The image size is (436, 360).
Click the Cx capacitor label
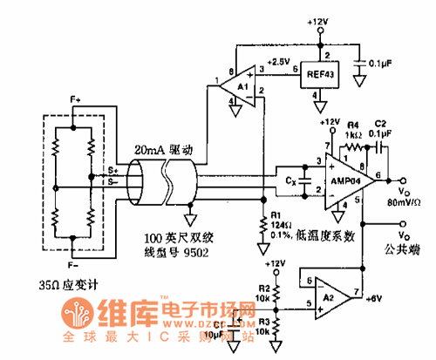[x=291, y=182]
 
